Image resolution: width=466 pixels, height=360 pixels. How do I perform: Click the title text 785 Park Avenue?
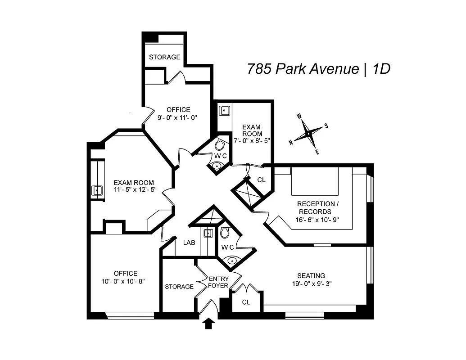[301, 69]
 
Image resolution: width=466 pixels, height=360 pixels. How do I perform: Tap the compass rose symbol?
[308, 134]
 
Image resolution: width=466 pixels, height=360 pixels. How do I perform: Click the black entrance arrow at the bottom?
[208, 323]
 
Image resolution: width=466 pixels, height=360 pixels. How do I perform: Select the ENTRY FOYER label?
[219, 282]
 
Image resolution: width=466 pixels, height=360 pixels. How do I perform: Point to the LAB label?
[189, 243]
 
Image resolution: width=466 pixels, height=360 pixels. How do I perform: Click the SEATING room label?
[311, 275]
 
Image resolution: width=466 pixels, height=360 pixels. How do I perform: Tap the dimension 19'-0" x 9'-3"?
[311, 283]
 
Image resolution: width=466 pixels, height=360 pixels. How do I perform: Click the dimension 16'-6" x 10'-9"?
[317, 220]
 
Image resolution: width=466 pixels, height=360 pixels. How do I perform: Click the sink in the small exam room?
[224, 110]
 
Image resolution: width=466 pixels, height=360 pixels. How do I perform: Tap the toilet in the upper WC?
[220, 144]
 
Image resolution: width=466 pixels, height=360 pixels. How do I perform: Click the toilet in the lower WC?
[225, 233]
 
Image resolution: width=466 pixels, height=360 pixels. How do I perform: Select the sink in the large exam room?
[97, 190]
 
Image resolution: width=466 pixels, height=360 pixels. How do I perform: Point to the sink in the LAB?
[208, 233]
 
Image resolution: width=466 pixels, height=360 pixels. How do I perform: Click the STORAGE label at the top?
[165, 57]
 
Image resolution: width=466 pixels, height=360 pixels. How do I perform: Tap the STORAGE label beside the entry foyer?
[179, 287]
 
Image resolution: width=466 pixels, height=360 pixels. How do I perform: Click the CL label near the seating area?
[246, 302]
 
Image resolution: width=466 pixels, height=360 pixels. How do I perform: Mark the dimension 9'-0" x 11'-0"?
[178, 117]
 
